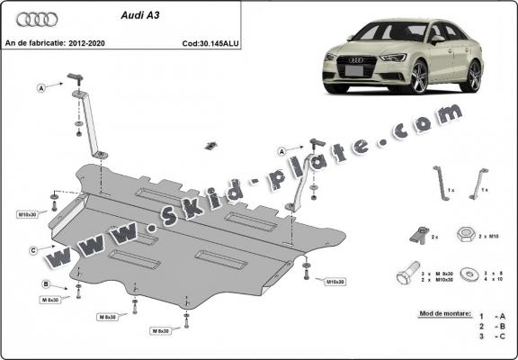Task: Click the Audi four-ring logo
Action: tap(31, 19)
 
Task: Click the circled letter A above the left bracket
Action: tap(42, 87)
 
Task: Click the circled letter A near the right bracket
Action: tap(282, 150)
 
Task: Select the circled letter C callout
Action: tap(33, 249)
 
